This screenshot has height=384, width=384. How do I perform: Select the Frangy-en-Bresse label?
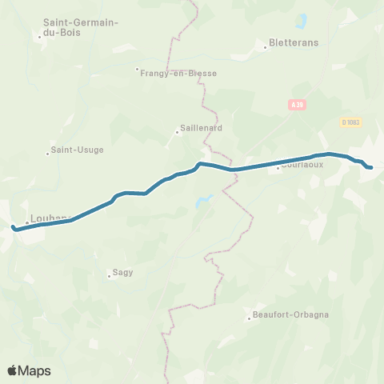[x=180, y=72]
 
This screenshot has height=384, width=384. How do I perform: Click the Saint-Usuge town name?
[x=78, y=149]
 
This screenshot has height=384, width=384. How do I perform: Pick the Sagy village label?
[x=122, y=272]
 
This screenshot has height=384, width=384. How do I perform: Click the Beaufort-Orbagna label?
[x=290, y=314]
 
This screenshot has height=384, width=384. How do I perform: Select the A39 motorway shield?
[x=295, y=104]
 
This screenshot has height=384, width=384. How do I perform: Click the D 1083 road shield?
[x=350, y=122]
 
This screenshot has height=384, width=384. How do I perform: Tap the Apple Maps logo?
[x=29, y=370]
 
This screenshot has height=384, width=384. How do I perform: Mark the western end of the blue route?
[x=14, y=228]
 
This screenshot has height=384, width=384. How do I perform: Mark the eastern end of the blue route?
[x=370, y=167]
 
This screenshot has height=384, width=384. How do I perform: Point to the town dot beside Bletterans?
[x=266, y=47]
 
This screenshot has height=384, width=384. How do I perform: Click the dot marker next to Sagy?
[x=109, y=277]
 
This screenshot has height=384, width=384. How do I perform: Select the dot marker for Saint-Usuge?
[x=48, y=153]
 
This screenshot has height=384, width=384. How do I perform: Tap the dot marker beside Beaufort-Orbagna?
[x=249, y=318]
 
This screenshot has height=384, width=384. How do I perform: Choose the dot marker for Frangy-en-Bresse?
[x=138, y=69]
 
